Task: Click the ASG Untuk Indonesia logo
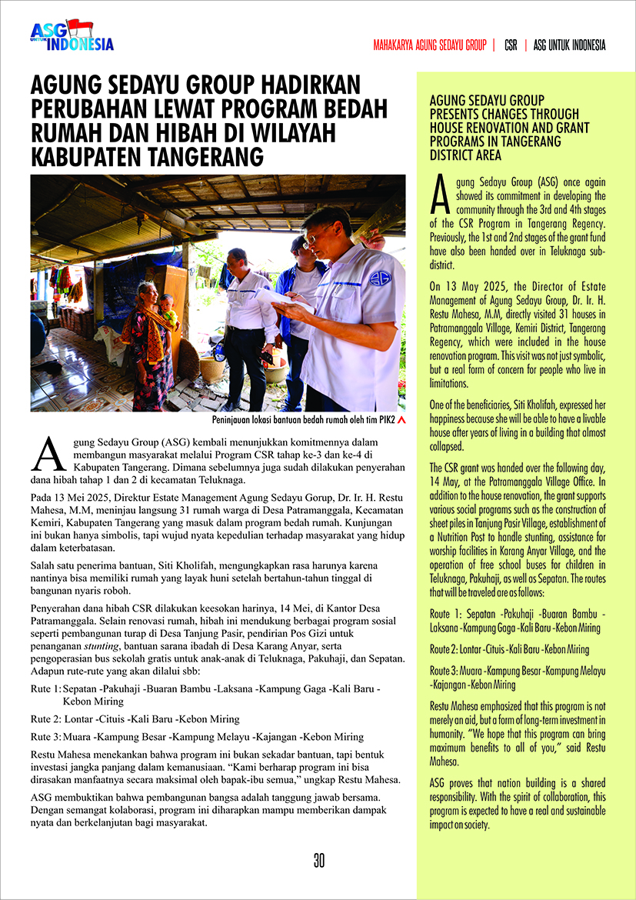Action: [x=72, y=36]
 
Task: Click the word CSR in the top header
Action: [x=511, y=45]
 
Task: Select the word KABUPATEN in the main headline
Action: [x=92, y=156]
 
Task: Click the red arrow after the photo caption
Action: [x=401, y=421]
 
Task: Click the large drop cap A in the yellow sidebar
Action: [x=439, y=197]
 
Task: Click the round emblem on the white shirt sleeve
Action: [x=380, y=278]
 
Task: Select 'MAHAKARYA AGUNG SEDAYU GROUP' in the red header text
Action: [x=430, y=45]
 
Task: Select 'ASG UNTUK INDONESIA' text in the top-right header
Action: [x=569, y=45]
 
